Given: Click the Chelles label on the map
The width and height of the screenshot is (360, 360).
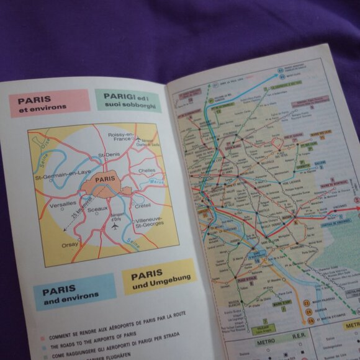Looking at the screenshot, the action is tap(146, 169).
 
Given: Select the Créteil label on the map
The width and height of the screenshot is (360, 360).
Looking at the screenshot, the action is tap(143, 205).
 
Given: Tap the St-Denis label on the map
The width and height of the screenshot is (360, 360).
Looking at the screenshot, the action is tap(109, 154).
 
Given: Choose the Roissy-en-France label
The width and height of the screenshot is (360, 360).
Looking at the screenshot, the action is tap(122, 137).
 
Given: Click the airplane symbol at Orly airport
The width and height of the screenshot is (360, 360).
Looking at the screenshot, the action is tap(114, 227).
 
